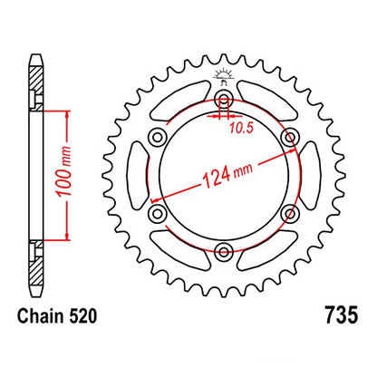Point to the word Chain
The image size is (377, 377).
click(x=41, y=318)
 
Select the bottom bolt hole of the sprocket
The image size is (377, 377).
click(x=223, y=253)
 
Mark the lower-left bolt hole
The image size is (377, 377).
click(x=157, y=214)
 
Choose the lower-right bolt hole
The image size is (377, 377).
click(x=289, y=214)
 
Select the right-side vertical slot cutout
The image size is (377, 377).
click(x=305, y=176)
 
